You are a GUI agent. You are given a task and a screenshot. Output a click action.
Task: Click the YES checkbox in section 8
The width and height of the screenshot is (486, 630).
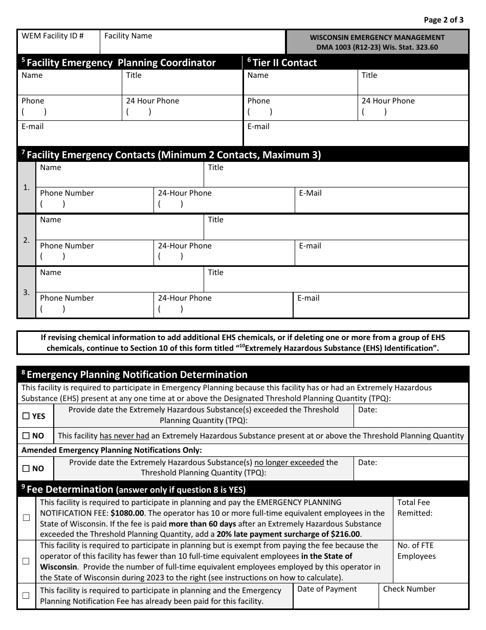26,416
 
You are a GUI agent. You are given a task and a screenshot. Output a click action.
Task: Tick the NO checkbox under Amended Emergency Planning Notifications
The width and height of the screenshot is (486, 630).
26,469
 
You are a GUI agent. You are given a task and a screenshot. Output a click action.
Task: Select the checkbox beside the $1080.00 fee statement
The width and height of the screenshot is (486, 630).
26,518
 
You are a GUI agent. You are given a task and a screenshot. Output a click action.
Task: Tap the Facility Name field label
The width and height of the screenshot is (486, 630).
128,36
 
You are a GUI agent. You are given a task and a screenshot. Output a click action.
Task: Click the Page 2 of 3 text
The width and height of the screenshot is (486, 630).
444,20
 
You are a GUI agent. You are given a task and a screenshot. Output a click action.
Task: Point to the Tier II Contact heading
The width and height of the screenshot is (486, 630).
284,62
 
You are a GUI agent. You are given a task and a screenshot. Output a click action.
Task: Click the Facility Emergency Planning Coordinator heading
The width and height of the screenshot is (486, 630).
121,62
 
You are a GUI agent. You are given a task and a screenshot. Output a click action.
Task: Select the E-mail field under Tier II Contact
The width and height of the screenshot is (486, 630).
356,134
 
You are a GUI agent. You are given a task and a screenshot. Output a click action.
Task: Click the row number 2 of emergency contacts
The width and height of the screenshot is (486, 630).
26,240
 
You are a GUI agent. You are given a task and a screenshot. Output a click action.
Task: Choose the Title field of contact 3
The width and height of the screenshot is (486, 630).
336,280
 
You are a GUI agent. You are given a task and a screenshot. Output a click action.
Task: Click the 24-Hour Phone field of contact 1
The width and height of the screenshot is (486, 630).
224,200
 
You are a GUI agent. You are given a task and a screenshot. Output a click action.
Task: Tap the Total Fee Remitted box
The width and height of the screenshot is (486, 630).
430,518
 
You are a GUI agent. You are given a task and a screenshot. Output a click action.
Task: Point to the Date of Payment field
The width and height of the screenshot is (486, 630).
336,596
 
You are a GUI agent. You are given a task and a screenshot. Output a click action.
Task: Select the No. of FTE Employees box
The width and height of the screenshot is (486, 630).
430,561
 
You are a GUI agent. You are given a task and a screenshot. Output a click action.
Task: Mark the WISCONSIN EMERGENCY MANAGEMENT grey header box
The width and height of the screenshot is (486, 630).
377,42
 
